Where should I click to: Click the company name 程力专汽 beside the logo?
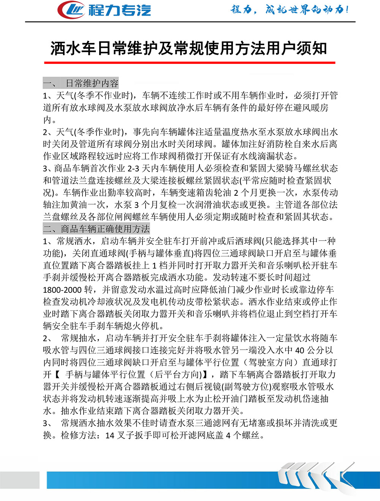120,10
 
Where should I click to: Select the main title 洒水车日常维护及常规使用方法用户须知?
189,48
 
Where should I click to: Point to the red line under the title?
190,62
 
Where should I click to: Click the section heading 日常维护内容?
92,83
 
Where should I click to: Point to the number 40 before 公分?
299,350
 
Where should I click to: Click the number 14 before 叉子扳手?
110,436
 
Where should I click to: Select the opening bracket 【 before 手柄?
57,375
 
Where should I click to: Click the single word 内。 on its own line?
49,120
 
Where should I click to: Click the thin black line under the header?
190,22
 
